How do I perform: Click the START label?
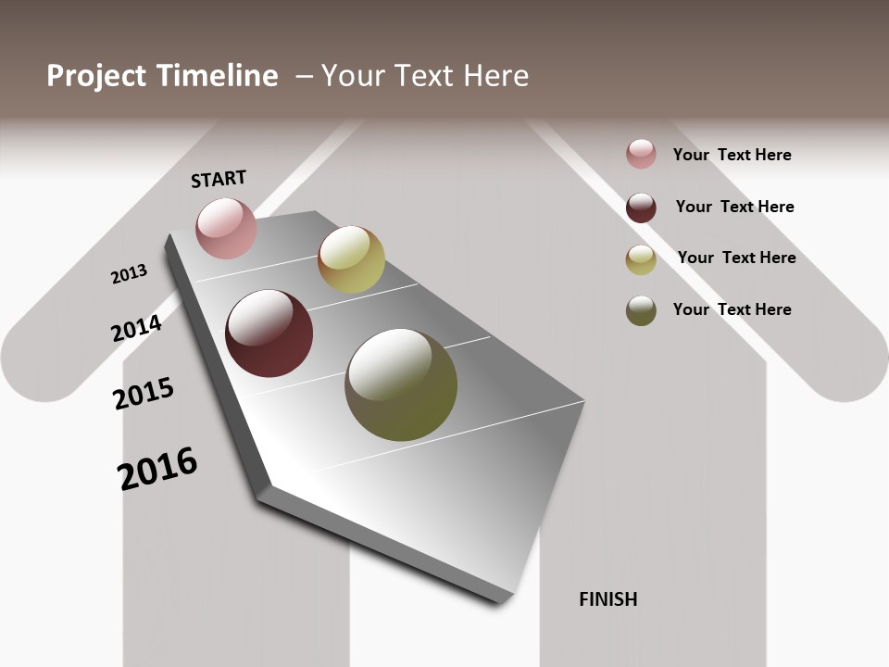point(219,179)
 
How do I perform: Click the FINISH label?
point(607,599)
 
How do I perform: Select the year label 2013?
point(129,274)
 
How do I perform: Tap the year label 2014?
point(137,328)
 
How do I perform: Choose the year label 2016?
point(157,469)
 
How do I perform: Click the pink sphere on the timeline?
point(226,228)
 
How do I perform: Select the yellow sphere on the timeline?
point(351,259)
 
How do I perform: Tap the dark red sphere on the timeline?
point(269,333)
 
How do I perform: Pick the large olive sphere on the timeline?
point(401,384)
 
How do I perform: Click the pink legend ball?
point(641,154)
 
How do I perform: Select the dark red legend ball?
point(641,208)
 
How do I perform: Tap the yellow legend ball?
point(641,259)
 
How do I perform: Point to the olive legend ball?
point(641,310)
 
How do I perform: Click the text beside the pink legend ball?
point(732,155)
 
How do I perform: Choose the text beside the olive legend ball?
point(732,309)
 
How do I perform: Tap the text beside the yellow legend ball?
point(736,258)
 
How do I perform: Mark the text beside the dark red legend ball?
point(734,207)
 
